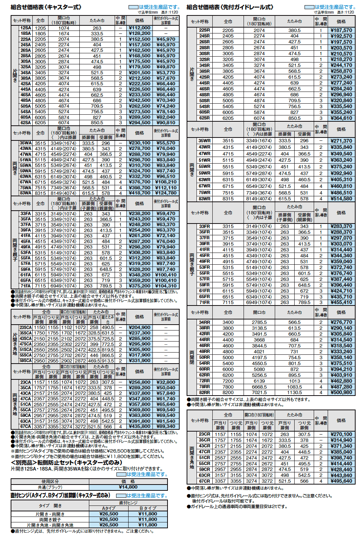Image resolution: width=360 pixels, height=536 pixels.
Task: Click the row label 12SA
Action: pos(25,28)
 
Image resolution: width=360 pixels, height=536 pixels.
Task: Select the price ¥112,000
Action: pos(140,28)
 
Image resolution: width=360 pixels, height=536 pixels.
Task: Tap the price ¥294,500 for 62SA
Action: pos(140,123)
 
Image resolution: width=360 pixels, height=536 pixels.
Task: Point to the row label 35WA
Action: pos(25,143)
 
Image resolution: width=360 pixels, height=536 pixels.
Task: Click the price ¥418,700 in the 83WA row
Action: pos(140,193)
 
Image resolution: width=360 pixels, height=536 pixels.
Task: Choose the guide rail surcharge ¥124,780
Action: pos(166,193)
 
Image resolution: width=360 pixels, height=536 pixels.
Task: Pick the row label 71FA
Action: pos(25,286)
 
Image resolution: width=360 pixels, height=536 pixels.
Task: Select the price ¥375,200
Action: pos(140,286)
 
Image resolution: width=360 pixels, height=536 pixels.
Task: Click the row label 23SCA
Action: pos(25,327)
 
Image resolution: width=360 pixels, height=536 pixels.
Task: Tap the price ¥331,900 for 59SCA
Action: pos(140,361)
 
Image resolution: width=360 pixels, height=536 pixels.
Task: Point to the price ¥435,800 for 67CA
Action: pos(140,426)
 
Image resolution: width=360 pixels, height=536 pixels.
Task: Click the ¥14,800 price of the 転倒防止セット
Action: pos(128,487)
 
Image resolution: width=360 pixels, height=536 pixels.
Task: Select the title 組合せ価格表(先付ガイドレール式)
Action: pos(230,7)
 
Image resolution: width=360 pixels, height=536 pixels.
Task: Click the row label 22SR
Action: pos(204,30)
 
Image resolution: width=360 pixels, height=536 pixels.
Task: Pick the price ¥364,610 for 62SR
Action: pos(341,118)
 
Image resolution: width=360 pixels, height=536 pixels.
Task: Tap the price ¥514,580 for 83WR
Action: pos(341,199)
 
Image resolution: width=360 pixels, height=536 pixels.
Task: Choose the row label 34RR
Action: pos(204,322)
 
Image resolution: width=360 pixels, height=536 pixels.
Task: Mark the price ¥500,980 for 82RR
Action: pos(341,392)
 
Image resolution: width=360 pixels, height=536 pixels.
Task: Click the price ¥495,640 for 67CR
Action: pos(341,481)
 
